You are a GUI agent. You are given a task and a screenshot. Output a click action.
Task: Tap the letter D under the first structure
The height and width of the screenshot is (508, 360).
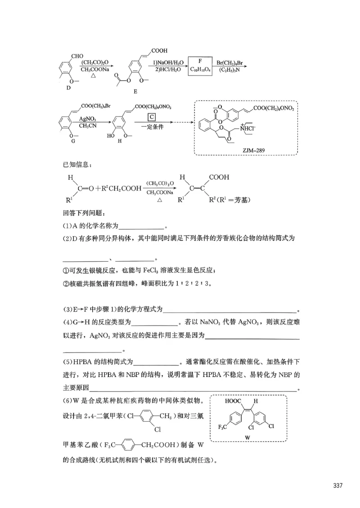(68, 88)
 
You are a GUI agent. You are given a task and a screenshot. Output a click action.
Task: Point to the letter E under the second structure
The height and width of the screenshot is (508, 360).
(135, 91)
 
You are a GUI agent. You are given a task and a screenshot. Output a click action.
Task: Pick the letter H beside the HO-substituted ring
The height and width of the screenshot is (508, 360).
(119, 141)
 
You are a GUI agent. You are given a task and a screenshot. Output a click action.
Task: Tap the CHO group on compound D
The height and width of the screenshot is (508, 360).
(77, 56)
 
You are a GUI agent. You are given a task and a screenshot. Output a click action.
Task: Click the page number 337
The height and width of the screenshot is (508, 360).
(338, 486)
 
